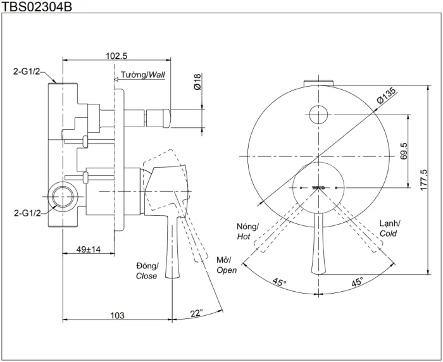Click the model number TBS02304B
coord(37,6)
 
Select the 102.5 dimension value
coord(116,56)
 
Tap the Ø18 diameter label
coord(197,82)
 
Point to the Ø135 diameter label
coord(386,96)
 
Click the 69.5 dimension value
coord(404,151)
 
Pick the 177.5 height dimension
coord(424,180)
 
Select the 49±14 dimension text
coord(89,249)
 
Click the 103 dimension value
coord(117,315)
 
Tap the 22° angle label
coord(197,313)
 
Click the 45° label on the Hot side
coord(280,282)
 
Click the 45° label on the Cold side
coord(357,282)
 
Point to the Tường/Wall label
coord(142,75)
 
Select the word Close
coord(146,276)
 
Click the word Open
coord(227,270)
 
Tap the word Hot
coord(244,236)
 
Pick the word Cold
coord(388,234)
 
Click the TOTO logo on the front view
coord(318,187)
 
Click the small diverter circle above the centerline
coord(318,115)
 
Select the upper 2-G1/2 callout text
coord(27,72)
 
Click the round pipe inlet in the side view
coord(63,196)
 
